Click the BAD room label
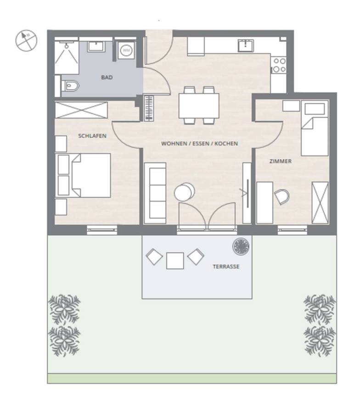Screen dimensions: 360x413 coord(107,78)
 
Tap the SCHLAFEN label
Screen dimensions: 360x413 coord(92,136)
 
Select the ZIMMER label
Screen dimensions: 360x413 coord(281,161)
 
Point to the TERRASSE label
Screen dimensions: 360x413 coord(226,267)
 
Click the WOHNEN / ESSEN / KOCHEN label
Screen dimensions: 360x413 coord(199,144)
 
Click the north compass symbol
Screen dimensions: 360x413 coord(26,40)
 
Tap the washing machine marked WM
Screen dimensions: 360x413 coord(126,50)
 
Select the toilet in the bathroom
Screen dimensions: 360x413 coord(70,86)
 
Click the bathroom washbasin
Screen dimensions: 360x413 coord(96,46)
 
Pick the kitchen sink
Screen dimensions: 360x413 coord(246,46)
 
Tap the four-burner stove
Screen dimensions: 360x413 coord(279,65)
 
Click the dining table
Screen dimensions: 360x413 coord(199,106)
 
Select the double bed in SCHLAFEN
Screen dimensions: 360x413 coord(83,175)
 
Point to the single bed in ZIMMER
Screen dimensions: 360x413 coord(315,128)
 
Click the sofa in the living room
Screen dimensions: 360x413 coord(155,193)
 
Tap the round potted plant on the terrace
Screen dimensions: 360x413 coord(241,246)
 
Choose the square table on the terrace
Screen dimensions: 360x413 coord(175,261)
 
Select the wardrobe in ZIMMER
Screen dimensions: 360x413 coord(320,203)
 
